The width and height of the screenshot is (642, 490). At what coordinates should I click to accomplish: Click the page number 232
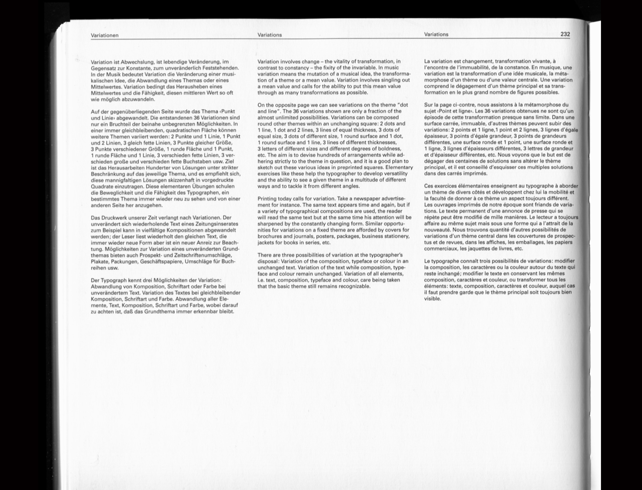click(565, 34)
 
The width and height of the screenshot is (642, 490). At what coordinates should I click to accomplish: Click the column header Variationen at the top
click(105, 35)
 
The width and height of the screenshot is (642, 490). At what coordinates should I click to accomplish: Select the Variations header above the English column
click(270, 35)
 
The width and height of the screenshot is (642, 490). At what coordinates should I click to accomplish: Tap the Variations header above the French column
click(436, 34)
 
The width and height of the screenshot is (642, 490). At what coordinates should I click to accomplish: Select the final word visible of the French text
click(432, 299)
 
